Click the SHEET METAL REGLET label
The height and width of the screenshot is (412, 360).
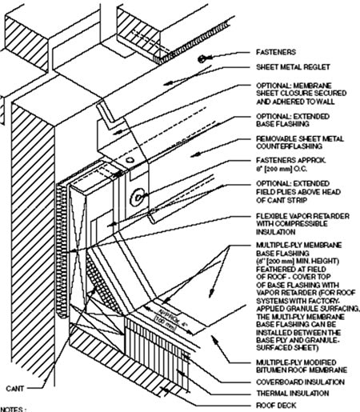pyautogui.click(x=289, y=68)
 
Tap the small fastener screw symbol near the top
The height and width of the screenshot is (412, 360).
pyautogui.click(x=204, y=58)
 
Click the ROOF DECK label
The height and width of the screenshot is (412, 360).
pyautogui.click(x=274, y=406)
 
